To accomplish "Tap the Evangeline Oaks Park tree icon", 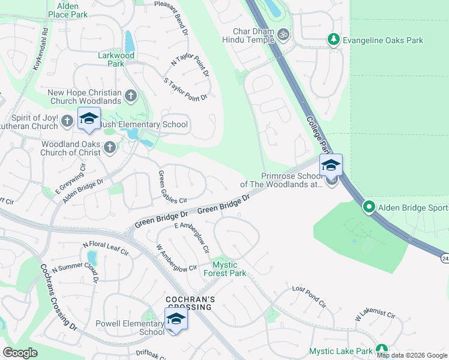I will click(x=334, y=40).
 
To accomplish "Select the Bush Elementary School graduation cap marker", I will click(x=89, y=119).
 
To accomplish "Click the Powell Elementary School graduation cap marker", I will click(x=176, y=319).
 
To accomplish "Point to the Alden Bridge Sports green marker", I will click(x=369, y=208).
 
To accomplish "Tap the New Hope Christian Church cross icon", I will click(x=130, y=95).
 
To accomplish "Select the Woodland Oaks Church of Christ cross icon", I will click(x=109, y=147).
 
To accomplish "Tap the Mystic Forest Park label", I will click(x=229, y=269).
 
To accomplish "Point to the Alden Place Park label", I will click(x=68, y=10).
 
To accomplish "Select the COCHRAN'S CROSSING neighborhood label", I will click(x=189, y=302).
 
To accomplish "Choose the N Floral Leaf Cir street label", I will click(x=106, y=249).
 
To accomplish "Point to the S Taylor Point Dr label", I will click(x=185, y=89).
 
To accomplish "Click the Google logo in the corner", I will click(x=20, y=353).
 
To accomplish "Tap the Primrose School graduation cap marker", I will click(x=330, y=165).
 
